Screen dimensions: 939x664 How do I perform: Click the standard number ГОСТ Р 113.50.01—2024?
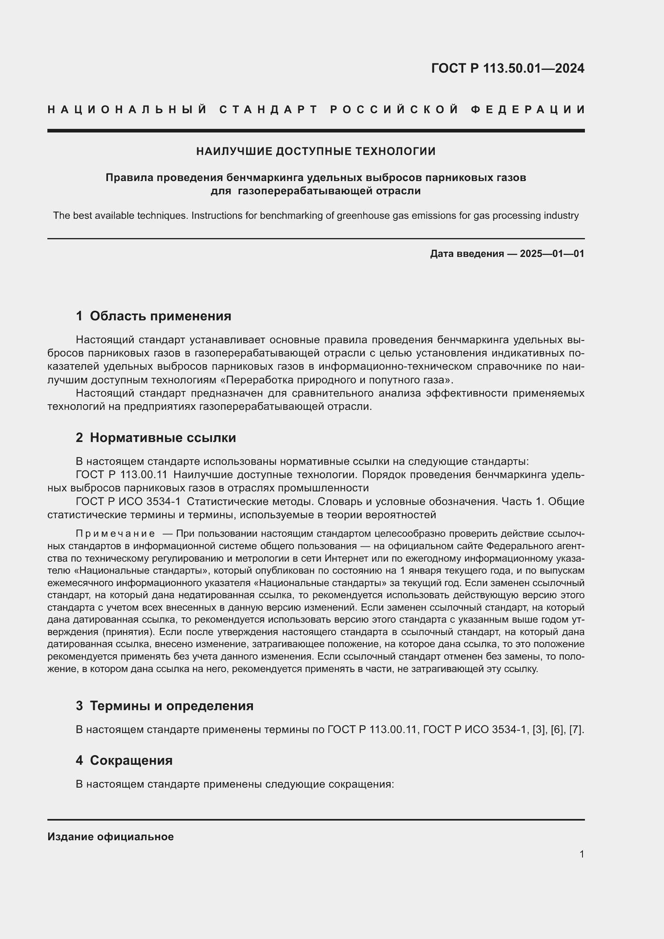507,68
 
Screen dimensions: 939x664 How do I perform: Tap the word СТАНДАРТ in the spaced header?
269,110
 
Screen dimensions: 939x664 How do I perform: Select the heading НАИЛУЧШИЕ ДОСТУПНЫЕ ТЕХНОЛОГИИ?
316,151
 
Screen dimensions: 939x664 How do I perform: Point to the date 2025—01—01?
552,254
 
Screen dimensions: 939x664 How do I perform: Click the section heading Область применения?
160,316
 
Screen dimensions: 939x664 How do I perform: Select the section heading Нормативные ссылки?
163,438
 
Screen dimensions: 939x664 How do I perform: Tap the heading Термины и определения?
171,705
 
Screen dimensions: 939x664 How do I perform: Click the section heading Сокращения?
131,760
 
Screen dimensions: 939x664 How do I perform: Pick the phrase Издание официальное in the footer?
110,837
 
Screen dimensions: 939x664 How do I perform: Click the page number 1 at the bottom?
581,854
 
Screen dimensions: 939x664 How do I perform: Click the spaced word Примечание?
115,534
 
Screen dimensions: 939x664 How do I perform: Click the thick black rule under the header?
316,131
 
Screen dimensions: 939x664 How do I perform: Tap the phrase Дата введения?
466,254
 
